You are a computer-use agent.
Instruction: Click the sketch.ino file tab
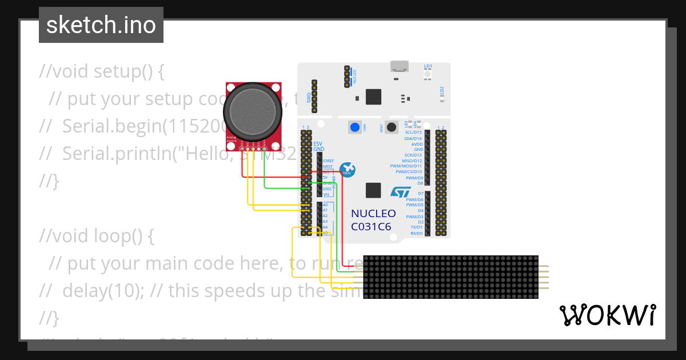[x=101, y=26]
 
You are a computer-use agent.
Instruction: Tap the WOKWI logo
[x=607, y=315]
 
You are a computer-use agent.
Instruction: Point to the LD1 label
[x=428, y=66]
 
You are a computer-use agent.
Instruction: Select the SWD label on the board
[x=309, y=98]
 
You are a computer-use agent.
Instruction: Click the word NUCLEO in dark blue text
[x=373, y=214]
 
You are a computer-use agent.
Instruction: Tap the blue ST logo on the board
[x=401, y=192]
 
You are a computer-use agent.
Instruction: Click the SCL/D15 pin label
[x=413, y=133]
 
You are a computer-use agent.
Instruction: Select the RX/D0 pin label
[x=416, y=233]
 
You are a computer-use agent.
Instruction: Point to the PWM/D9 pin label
[x=414, y=178]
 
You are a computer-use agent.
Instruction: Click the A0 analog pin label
[x=325, y=205]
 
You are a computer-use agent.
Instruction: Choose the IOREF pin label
[x=328, y=161]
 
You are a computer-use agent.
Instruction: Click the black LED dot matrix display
[x=450, y=277]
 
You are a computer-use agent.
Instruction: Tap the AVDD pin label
[x=417, y=144]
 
